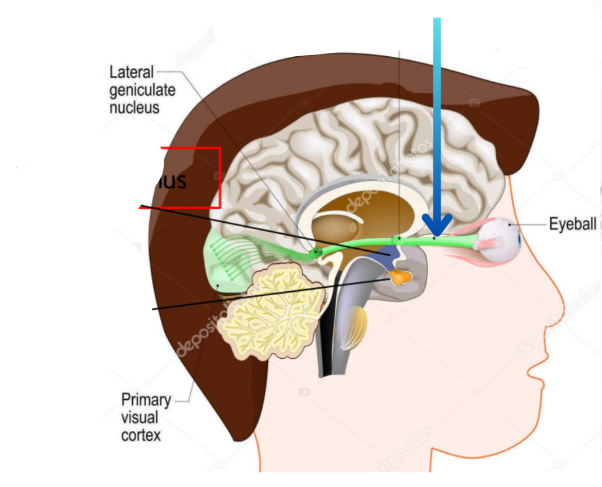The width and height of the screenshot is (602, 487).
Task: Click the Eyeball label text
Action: [572, 224]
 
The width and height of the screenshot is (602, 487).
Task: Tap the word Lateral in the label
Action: [131, 72]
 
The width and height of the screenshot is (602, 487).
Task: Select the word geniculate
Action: [142, 89]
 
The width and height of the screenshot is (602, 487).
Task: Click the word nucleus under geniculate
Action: [134, 107]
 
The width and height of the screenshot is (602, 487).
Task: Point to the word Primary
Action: [146, 400]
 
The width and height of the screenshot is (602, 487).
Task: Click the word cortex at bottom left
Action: [141, 435]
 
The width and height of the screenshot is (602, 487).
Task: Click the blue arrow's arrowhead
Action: [437, 226]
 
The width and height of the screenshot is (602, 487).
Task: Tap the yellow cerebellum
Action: [270, 312]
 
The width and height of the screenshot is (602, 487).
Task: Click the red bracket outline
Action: [218, 177]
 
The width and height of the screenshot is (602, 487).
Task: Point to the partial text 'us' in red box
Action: [172, 182]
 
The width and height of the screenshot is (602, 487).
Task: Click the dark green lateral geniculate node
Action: [316, 253]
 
